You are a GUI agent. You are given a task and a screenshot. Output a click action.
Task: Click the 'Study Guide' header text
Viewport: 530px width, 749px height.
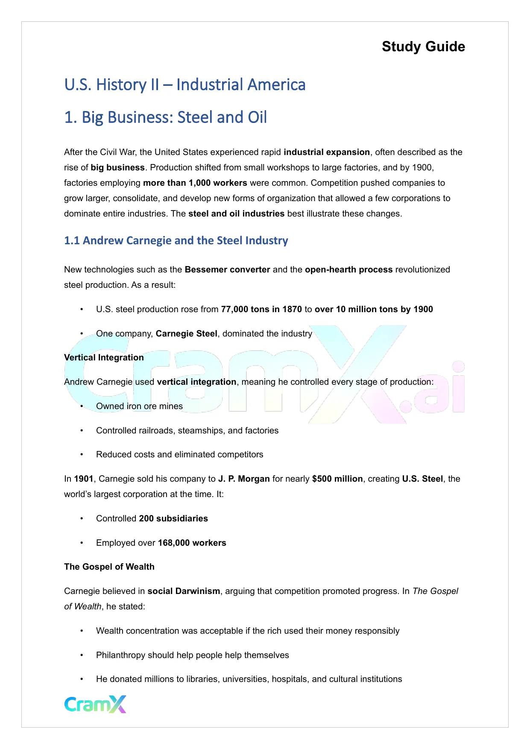423,47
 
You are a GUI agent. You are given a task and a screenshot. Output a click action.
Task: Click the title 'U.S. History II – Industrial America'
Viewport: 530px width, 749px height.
184,85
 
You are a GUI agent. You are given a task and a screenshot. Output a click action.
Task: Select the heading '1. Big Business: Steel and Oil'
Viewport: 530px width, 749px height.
165,117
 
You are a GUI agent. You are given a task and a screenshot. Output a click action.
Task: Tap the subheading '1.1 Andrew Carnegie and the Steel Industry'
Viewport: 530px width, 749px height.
176,240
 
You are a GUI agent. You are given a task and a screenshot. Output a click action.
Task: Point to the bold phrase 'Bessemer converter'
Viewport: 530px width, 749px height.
227,269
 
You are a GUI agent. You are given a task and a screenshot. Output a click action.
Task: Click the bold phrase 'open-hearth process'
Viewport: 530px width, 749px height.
348,269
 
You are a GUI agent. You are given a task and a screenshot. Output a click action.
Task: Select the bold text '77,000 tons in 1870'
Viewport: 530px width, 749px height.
261,309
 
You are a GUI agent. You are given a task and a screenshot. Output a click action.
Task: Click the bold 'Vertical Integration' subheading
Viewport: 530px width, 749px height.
104,357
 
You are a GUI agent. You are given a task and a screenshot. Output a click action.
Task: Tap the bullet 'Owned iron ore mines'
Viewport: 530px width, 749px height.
139,406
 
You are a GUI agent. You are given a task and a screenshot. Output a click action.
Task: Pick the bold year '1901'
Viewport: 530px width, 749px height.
84,479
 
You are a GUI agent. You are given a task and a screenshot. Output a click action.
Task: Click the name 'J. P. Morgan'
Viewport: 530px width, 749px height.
244,479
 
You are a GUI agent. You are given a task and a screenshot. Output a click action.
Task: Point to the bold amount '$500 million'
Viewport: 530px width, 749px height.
337,479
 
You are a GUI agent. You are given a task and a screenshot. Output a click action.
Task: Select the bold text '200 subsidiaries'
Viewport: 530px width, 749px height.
173,518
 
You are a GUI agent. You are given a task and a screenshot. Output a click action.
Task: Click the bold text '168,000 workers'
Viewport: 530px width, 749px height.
192,543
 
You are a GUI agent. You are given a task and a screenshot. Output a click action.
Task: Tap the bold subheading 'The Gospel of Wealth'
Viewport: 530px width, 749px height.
109,567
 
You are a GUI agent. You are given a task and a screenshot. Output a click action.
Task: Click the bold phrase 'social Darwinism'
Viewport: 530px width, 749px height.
184,591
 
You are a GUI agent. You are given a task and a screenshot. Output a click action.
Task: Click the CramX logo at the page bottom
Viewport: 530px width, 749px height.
95,704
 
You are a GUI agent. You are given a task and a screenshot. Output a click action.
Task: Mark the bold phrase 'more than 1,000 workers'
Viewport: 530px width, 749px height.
195,183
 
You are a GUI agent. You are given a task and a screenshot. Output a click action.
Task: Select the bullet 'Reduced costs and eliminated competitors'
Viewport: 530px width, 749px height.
179,454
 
